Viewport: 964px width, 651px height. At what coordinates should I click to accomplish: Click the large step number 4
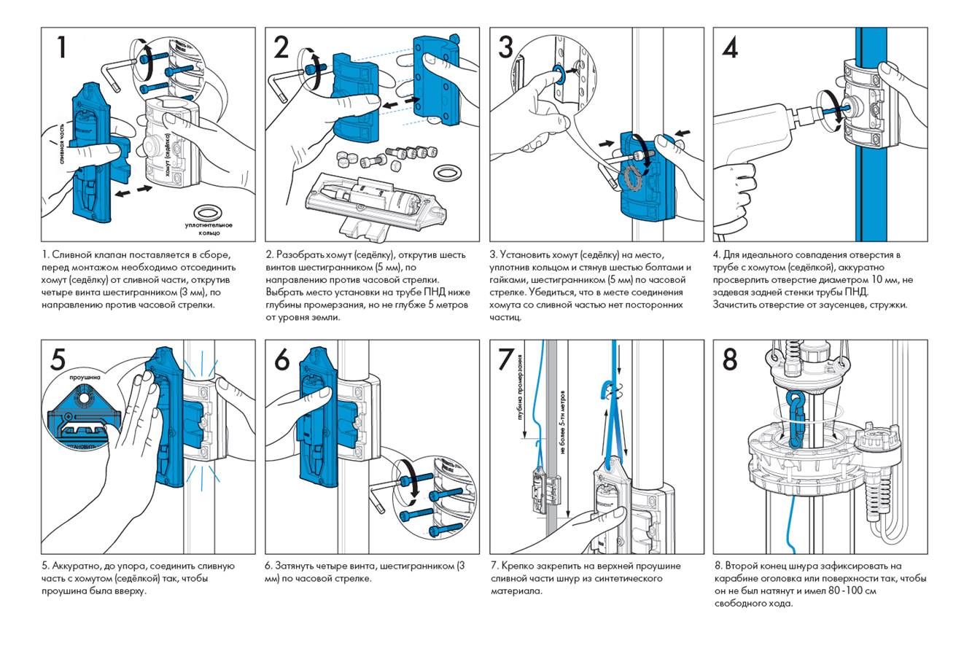(730, 47)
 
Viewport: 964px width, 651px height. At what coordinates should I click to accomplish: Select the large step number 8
(730, 359)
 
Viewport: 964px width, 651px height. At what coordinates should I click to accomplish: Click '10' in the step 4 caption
(874, 279)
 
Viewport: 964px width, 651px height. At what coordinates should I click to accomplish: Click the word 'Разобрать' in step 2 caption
(298, 254)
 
